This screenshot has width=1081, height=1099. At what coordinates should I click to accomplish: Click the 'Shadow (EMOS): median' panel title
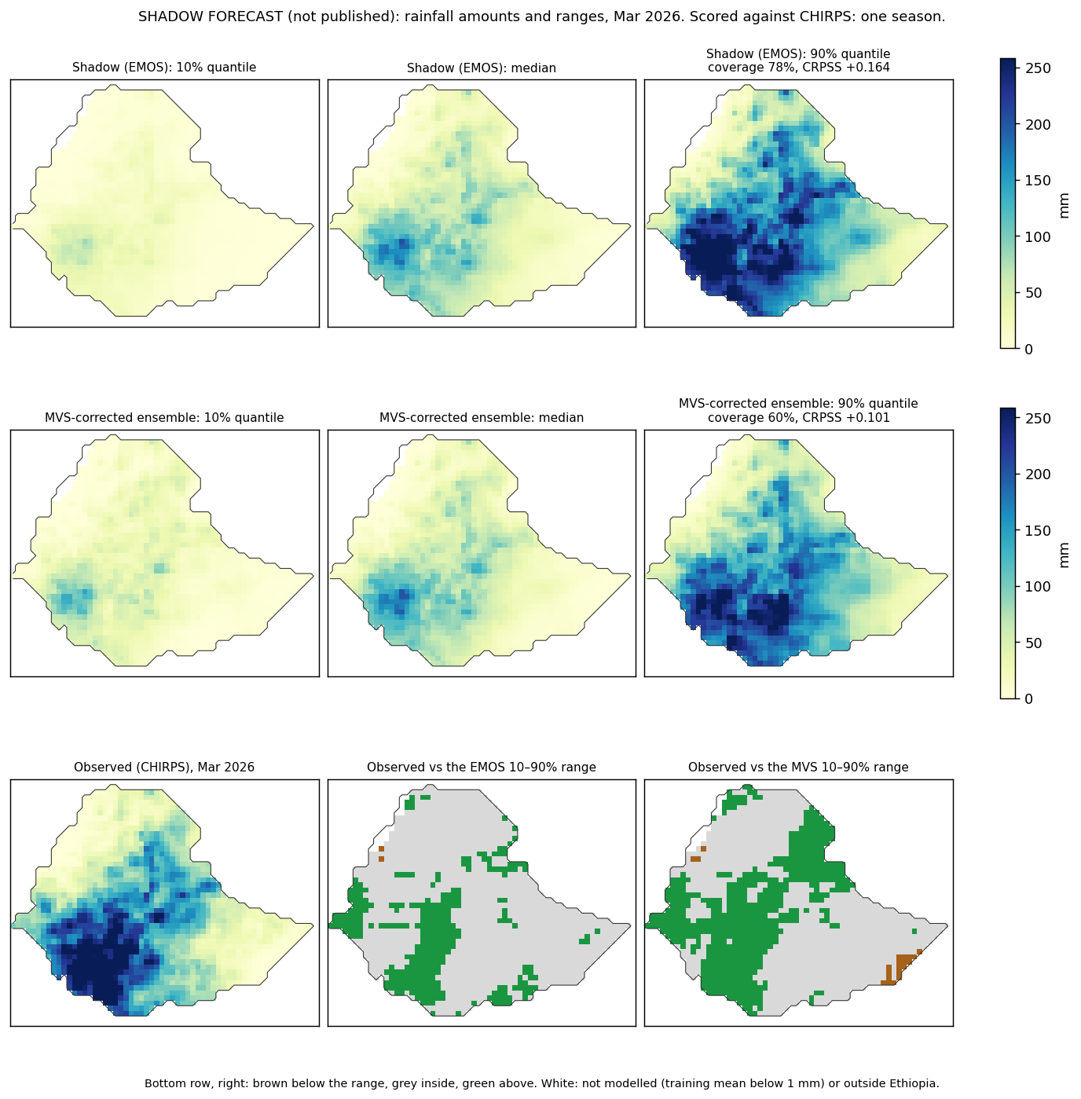481,68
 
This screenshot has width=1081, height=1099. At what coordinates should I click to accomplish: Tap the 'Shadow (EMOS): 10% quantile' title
163,68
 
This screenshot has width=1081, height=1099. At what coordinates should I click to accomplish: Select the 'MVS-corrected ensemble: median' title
481,417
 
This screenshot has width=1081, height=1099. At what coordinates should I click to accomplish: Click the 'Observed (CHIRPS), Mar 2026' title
163,767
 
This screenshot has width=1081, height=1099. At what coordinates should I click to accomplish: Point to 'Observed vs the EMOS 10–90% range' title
481,767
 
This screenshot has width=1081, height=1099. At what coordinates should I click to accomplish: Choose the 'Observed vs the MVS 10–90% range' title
798,767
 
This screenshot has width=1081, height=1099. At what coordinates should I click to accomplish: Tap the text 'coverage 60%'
752,417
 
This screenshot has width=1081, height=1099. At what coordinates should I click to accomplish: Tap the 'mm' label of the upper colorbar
1063,206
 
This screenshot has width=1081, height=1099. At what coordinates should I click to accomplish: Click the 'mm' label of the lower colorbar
1063,555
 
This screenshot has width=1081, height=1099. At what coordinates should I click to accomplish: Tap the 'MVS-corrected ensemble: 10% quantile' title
163,417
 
